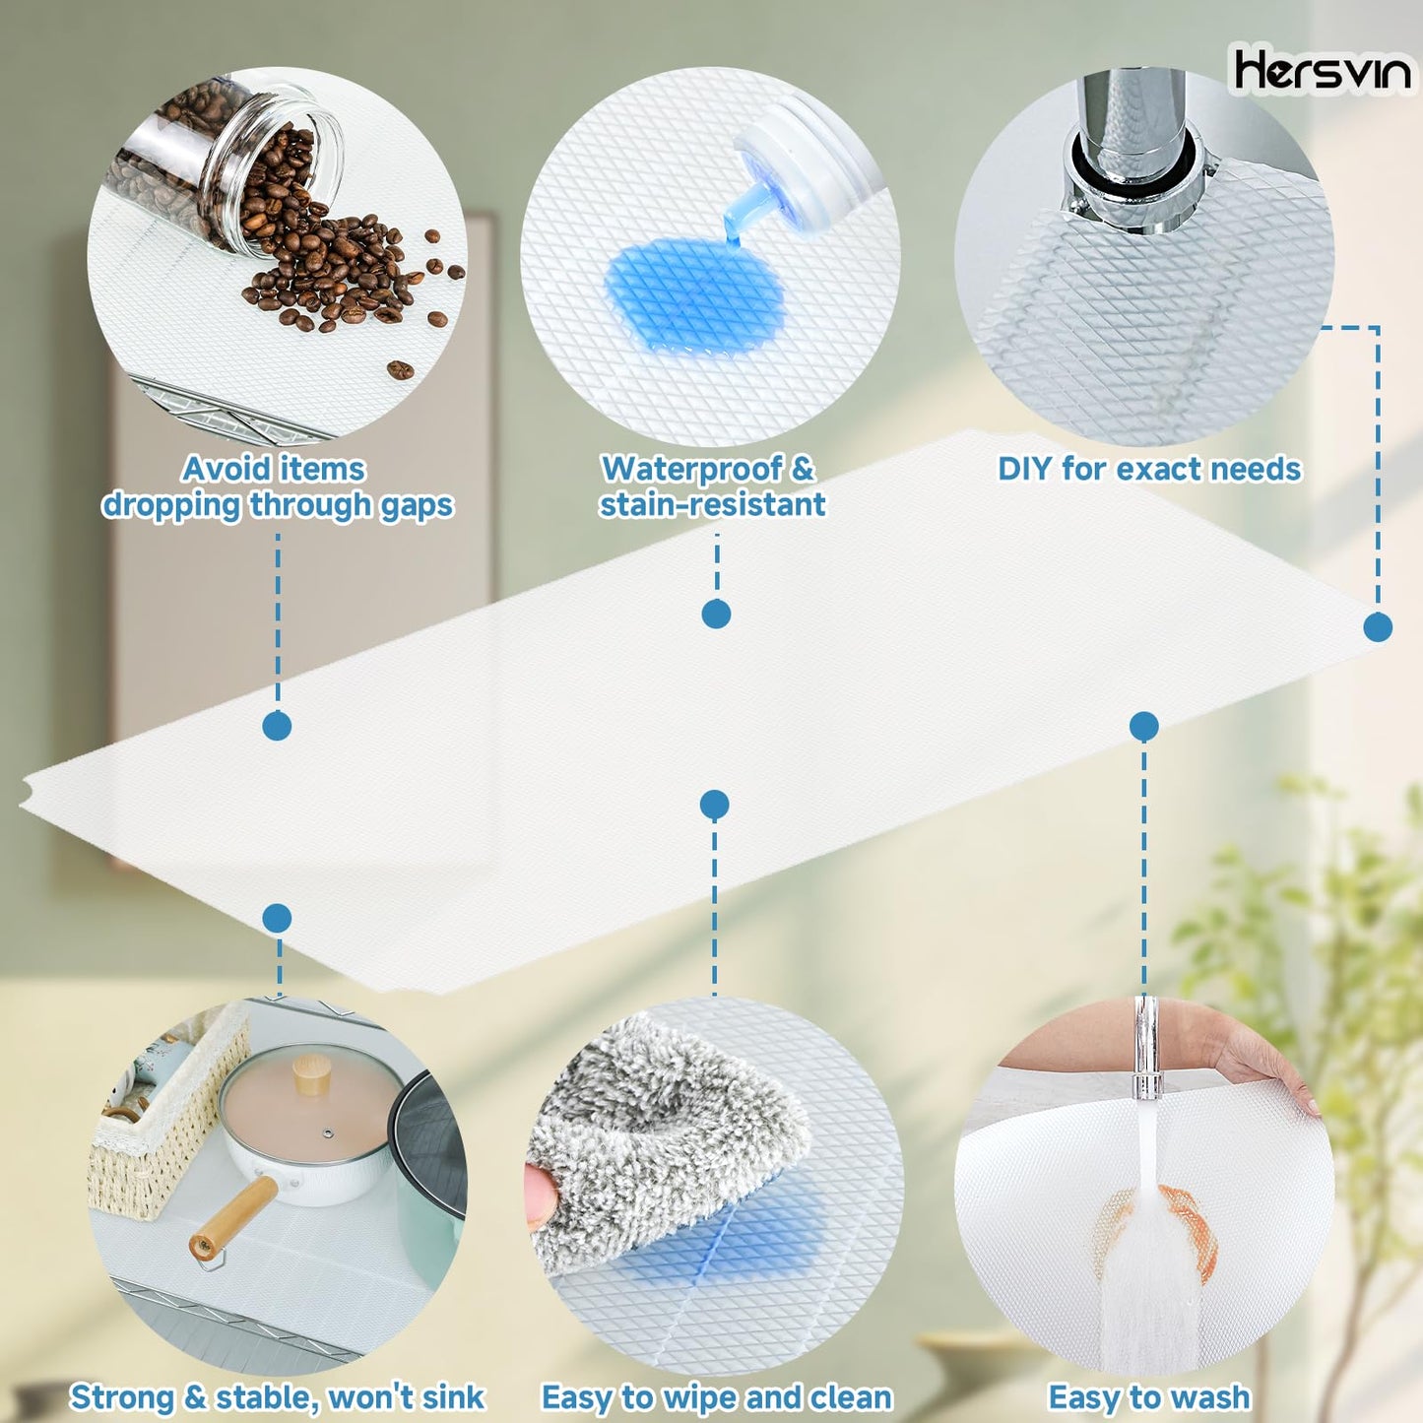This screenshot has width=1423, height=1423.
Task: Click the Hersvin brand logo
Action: pyautogui.click(x=1322, y=71)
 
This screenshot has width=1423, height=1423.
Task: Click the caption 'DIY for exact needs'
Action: pyautogui.click(x=1149, y=469)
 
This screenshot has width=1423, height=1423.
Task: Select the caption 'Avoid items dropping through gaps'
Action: pyautogui.click(x=277, y=486)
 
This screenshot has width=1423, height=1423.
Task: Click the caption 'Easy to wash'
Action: pyautogui.click(x=1148, y=1396)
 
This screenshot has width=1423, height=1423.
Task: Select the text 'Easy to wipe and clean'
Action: pyautogui.click(x=717, y=1396)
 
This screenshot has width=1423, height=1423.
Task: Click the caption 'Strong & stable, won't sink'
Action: pyautogui.click(x=277, y=1396)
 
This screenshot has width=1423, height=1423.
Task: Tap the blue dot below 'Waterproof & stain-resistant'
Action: pyautogui.click(x=716, y=614)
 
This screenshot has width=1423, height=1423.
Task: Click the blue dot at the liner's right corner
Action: pyautogui.click(x=1377, y=627)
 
